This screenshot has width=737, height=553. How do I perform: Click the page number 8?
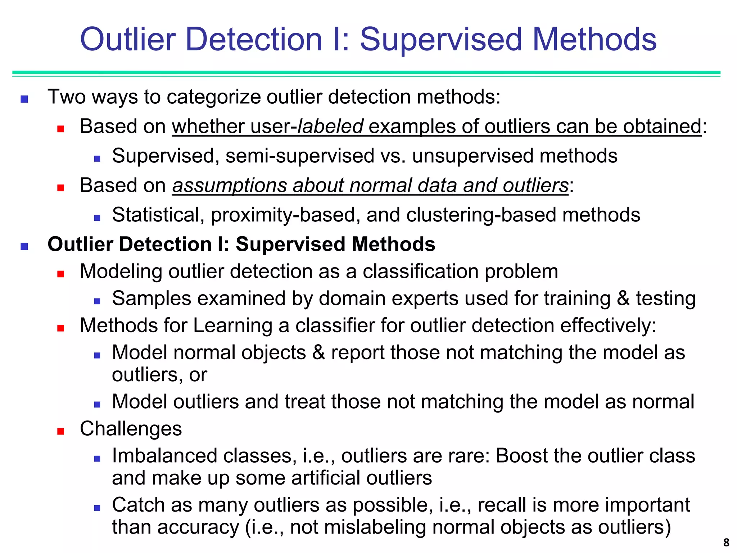pos(726,542)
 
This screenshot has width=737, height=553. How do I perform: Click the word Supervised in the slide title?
pos(441,40)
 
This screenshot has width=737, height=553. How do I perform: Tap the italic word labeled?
pos(330,126)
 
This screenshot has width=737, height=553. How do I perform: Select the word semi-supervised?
pos(300,156)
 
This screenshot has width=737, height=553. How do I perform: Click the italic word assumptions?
pos(230,185)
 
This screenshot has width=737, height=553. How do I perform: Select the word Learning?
pos(233,325)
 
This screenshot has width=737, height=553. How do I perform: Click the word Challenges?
pos(131,429)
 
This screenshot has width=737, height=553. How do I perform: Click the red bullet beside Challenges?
pos(60,431)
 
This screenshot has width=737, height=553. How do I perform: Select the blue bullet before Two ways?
pos(24,99)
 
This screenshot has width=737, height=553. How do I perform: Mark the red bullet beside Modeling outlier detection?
pos(60,274)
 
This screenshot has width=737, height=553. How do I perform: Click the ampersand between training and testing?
pos(623,299)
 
